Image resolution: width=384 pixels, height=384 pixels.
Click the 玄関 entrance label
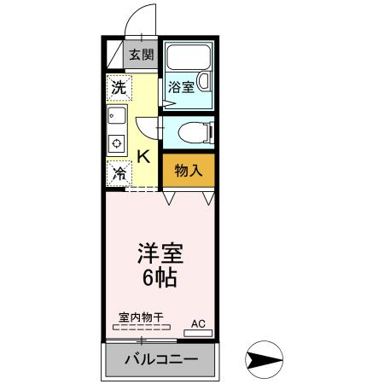pyautogui.click(x=142, y=55)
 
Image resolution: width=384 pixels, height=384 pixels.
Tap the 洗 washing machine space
pyautogui.click(x=119, y=87)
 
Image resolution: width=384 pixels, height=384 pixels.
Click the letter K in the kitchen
pyautogui.click(x=143, y=156)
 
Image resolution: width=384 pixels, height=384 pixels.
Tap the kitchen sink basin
pyautogui.click(x=117, y=116)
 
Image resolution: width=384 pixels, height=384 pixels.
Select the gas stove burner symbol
pyautogui.click(x=117, y=142)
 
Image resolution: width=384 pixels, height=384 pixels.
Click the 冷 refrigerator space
pyautogui.click(x=119, y=172)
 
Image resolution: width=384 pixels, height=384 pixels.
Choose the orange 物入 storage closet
pyautogui.click(x=188, y=170)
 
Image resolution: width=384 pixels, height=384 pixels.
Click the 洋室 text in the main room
pyautogui.click(x=161, y=255)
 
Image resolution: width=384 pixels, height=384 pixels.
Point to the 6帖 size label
pyautogui.click(x=161, y=278)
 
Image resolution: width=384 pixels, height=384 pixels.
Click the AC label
pyautogui.click(x=198, y=323)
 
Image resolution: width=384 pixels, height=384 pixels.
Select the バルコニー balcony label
pyautogui.click(x=161, y=358)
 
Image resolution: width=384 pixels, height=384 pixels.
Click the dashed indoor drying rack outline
pyautogui.click(x=142, y=327)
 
